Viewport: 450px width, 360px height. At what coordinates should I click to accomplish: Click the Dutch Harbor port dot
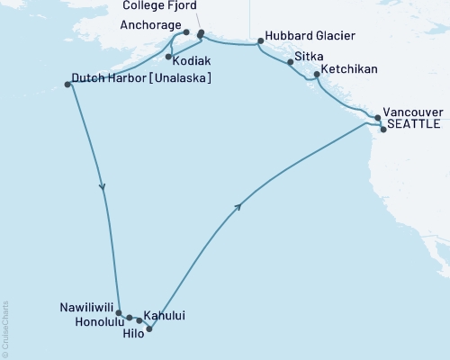click(67, 85)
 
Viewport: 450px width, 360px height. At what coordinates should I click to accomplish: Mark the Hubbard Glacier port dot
click(260, 40)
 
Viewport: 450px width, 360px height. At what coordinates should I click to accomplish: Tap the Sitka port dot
click(290, 63)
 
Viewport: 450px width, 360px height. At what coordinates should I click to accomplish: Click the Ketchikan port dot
click(316, 75)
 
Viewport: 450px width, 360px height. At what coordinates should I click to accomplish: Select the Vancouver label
click(412, 112)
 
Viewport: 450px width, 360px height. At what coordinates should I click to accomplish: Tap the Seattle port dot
click(383, 130)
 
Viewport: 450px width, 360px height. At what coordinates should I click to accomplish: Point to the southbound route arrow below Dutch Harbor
click(103, 187)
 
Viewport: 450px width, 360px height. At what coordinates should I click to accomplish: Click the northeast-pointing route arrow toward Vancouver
click(238, 206)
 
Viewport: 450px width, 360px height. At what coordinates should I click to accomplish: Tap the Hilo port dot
click(149, 328)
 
